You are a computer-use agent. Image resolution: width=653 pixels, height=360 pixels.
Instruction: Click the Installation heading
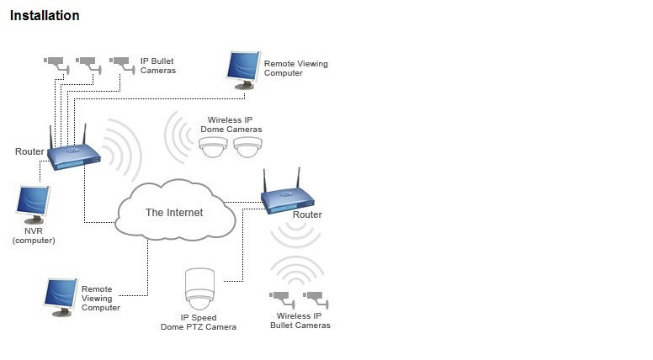point(45,16)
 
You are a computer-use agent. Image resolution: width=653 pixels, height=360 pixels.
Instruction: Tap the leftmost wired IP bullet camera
point(55,61)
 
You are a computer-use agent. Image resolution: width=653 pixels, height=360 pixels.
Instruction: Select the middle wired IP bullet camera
point(87,61)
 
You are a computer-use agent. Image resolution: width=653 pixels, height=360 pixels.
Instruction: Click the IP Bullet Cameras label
point(157,66)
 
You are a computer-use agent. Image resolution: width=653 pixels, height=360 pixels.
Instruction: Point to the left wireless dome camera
point(213,147)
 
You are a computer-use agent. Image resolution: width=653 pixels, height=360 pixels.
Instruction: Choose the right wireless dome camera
point(247,147)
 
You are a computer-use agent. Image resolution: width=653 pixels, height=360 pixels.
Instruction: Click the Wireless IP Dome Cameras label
point(235,124)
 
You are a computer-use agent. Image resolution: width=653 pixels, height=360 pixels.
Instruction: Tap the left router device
point(73,155)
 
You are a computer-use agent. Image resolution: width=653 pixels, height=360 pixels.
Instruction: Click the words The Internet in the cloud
point(174,213)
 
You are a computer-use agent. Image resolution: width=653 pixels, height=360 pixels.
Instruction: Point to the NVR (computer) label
point(34,235)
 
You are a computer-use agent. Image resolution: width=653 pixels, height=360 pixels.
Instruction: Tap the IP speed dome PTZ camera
point(199,289)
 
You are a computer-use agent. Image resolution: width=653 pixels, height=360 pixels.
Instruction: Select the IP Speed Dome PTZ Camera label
point(199,322)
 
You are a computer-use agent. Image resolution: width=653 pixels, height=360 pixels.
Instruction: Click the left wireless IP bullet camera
point(279,297)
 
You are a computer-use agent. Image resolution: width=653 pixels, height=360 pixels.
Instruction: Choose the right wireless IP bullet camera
point(314,297)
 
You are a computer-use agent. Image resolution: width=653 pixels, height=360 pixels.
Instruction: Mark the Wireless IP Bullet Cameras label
point(300,320)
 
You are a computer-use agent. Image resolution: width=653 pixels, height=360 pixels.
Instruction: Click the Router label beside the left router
point(29,151)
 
